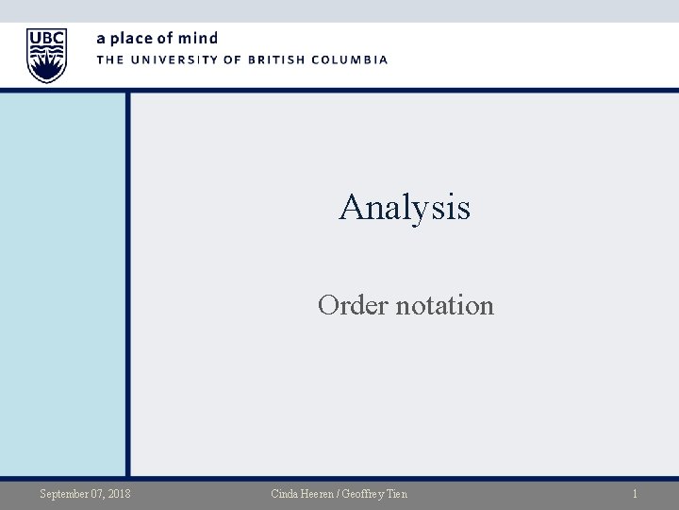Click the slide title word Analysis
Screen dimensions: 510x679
tap(405, 207)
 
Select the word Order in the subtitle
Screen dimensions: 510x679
tap(347, 305)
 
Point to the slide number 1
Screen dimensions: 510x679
tap(635, 494)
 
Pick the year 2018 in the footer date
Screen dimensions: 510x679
tap(120, 494)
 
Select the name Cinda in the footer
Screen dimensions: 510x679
tap(284, 494)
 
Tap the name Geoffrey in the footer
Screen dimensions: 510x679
tap(369, 494)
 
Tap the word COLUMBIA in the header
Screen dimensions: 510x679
tap(352, 59)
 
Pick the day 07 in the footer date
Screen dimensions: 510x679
tap(96, 494)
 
